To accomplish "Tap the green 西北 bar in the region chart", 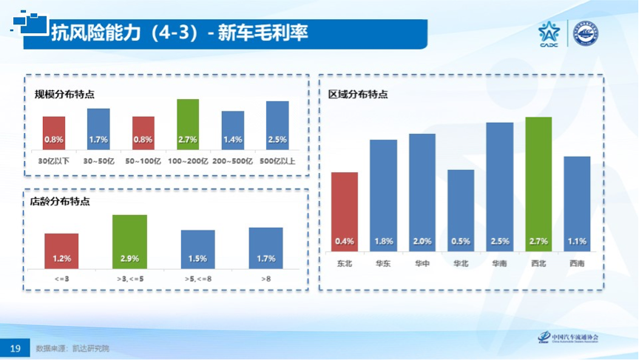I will tap(538, 184).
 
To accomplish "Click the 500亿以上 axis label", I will tap(277, 160).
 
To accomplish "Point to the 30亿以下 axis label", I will tap(54, 160).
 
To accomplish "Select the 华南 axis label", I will tap(499, 262).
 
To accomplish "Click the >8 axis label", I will tap(266, 279).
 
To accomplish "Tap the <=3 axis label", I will tap(61, 279).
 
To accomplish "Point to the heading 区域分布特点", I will tap(358, 95).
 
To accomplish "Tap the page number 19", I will tap(15, 347).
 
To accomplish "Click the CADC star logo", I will tap(550, 33).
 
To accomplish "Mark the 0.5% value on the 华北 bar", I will tap(461, 241).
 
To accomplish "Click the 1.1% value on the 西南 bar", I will tap(577, 241).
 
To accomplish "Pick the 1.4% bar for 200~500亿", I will tap(233, 131).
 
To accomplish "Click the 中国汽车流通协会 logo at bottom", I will tap(569, 338).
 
